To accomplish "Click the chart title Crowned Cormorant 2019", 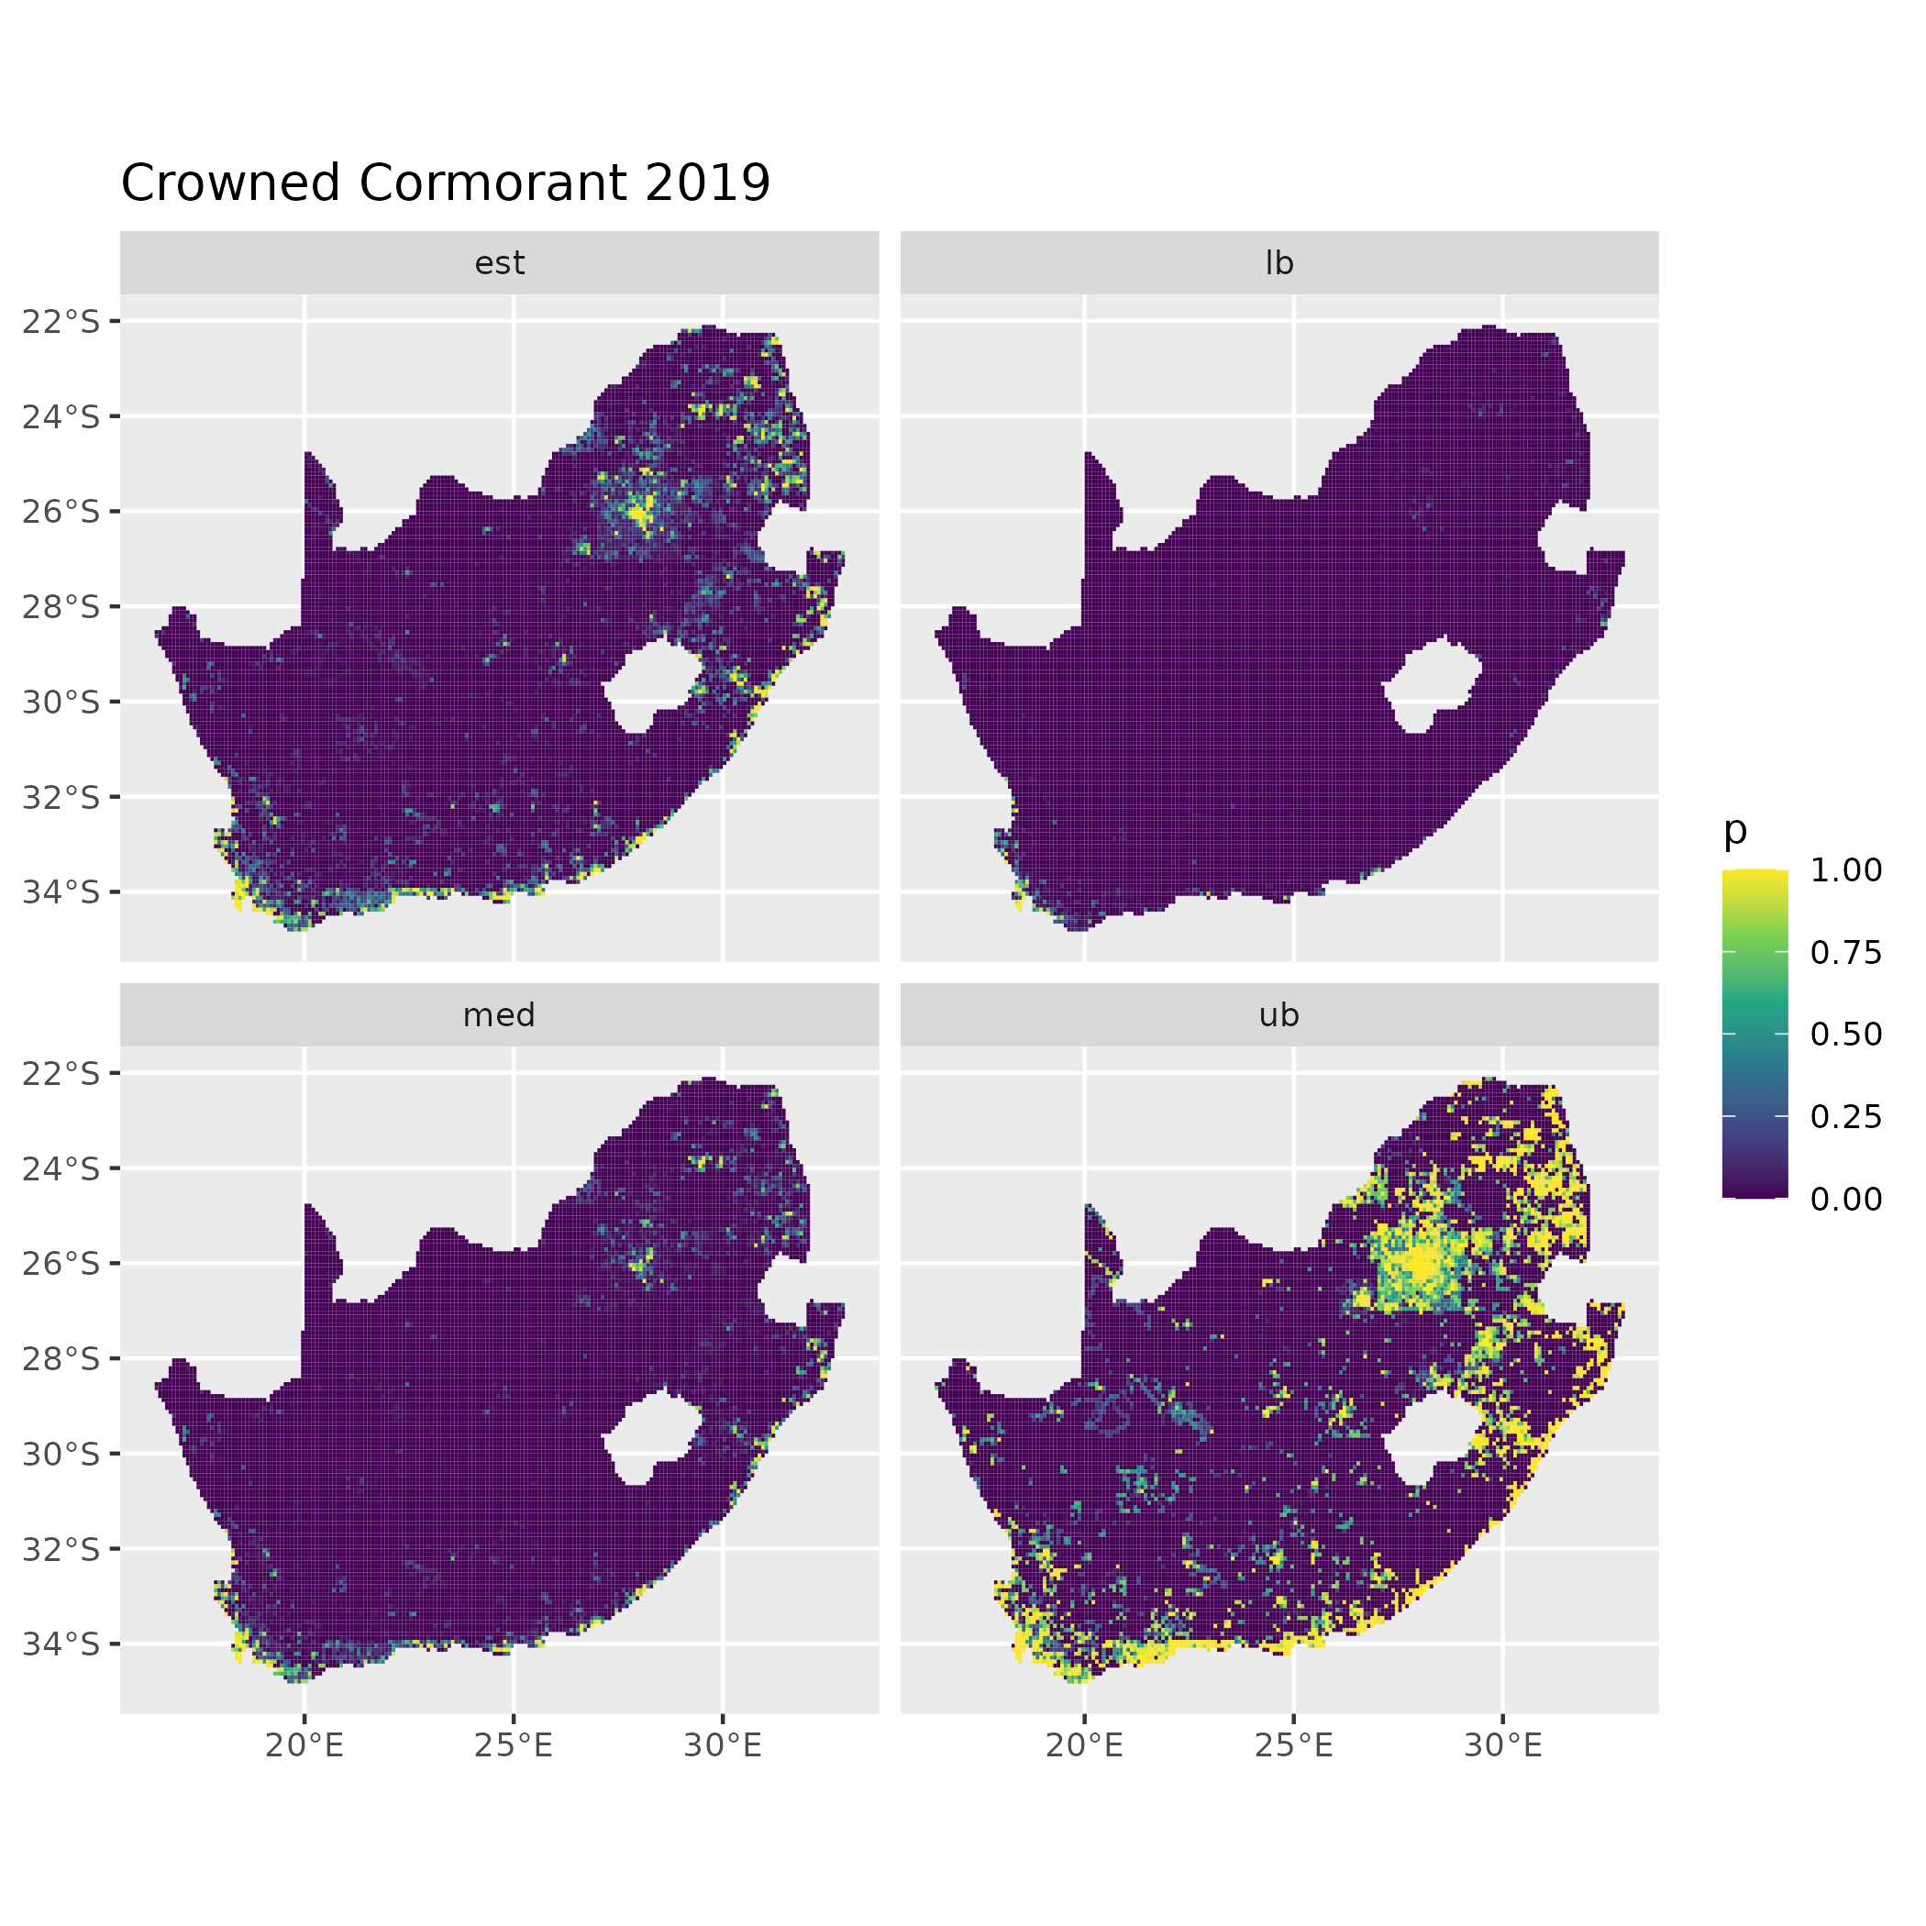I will pos(445,183).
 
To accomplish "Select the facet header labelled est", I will pos(500,263).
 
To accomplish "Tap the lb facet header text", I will pos(1279,263).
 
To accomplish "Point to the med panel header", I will pos(500,1015).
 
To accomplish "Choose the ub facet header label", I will pos(1279,1015).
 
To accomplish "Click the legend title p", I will pos(1735,829).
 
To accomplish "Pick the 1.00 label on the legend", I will pos(1846,870).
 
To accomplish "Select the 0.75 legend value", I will pos(1846,953).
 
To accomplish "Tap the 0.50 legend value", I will pos(1846,1035).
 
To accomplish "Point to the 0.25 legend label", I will pos(1846,1116).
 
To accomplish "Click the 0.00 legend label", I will pos(1846,1199).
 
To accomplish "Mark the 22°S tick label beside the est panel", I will pos(61,321).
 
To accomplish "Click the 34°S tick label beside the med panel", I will pos(61,1643).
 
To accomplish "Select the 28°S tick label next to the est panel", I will pos(61,606).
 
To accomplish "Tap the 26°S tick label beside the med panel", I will pos(61,1263).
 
